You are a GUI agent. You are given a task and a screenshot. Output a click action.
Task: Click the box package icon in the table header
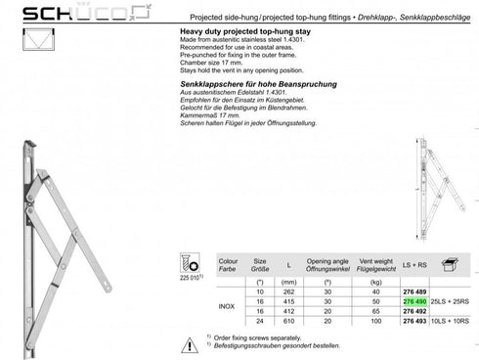[x=451, y=265]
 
